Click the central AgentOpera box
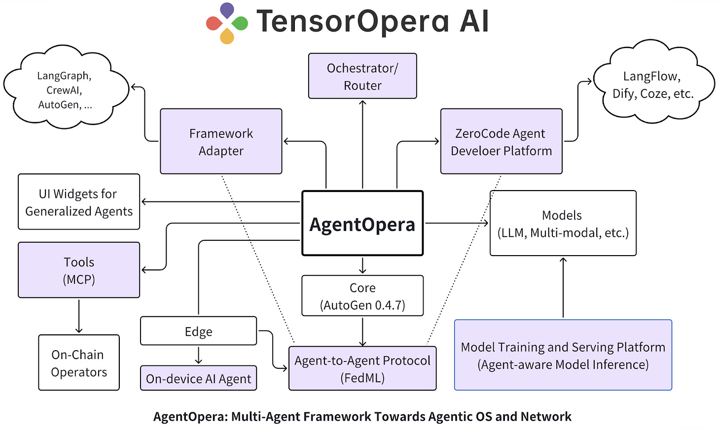(362, 224)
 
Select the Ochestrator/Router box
(362, 76)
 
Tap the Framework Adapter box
(221, 141)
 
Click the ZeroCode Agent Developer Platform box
(501, 141)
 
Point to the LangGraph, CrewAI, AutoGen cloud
(65, 89)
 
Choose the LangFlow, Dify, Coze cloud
(652, 84)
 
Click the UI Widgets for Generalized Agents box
(79, 202)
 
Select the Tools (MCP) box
(79, 270)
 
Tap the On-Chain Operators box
(79, 363)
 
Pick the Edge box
(198, 331)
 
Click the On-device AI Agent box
(198, 378)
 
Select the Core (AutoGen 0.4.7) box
(362, 296)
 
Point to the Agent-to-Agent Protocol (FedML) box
(362, 368)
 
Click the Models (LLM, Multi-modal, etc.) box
(563, 223)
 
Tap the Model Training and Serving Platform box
(563, 355)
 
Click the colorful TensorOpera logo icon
(227, 23)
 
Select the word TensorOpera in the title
(353, 22)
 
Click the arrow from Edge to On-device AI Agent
(198, 355)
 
